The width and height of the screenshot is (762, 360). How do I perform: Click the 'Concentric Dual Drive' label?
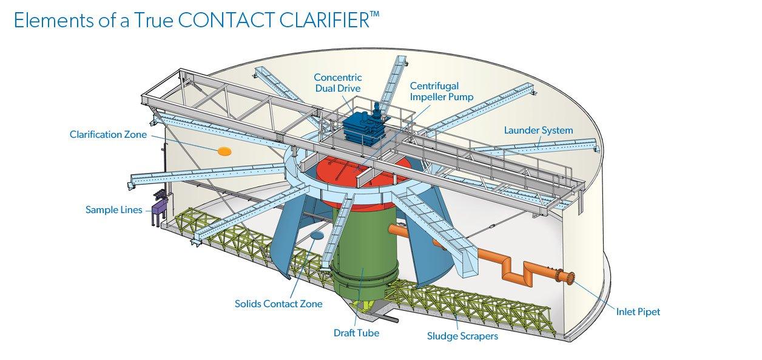pyautogui.click(x=338, y=83)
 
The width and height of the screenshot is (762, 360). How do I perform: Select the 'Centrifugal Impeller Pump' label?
pyautogui.click(x=442, y=91)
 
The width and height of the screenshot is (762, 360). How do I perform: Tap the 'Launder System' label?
pyautogui.click(x=539, y=130)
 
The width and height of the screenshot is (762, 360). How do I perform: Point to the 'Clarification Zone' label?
pyautogui.click(x=108, y=134)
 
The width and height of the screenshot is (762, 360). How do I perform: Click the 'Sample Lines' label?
pyautogui.click(x=113, y=210)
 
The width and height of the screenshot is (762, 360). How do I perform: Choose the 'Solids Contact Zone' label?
pyautogui.click(x=278, y=304)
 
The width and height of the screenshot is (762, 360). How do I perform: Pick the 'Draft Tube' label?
pyautogui.click(x=356, y=333)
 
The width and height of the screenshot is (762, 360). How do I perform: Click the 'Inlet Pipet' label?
pyautogui.click(x=638, y=312)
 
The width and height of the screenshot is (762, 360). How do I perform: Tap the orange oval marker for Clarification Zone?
pyautogui.click(x=224, y=150)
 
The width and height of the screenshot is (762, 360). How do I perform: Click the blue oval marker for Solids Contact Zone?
pyautogui.click(x=317, y=234)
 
